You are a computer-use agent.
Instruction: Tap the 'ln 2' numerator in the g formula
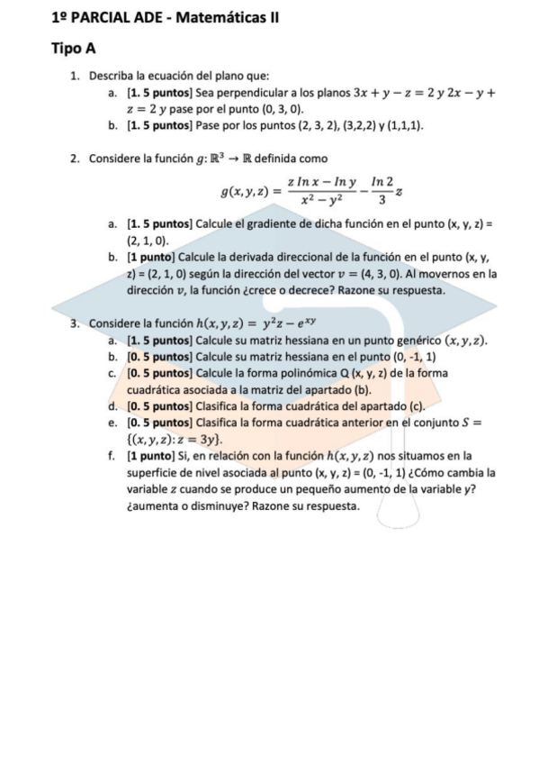[382, 182]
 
